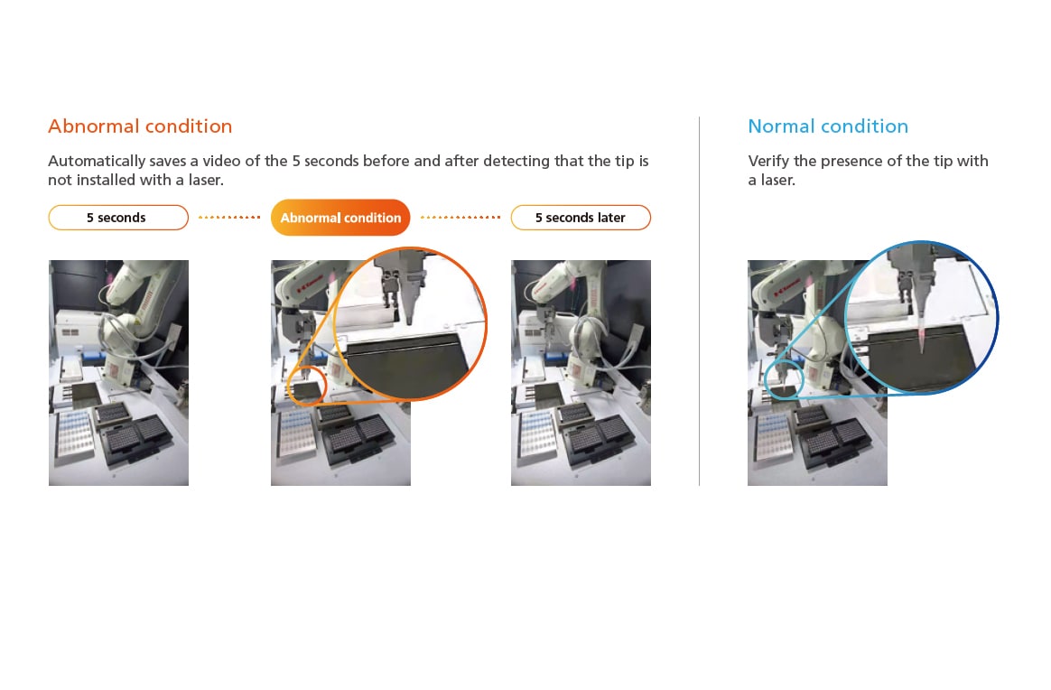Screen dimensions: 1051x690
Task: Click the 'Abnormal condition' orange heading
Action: (x=140, y=126)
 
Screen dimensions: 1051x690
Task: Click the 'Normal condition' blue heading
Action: (x=828, y=126)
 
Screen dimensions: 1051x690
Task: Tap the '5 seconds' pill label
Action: (x=118, y=218)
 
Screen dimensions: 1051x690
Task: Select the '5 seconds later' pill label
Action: (x=581, y=218)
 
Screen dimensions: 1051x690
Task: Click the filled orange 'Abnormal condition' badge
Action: (x=340, y=218)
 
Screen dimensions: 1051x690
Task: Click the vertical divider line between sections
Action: (x=699, y=301)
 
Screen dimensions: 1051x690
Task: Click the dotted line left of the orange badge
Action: (x=229, y=218)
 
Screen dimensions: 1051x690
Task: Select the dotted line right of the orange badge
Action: (x=460, y=218)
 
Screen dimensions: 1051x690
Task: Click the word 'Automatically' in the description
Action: (x=97, y=161)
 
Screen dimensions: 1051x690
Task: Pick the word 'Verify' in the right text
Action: (x=768, y=161)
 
